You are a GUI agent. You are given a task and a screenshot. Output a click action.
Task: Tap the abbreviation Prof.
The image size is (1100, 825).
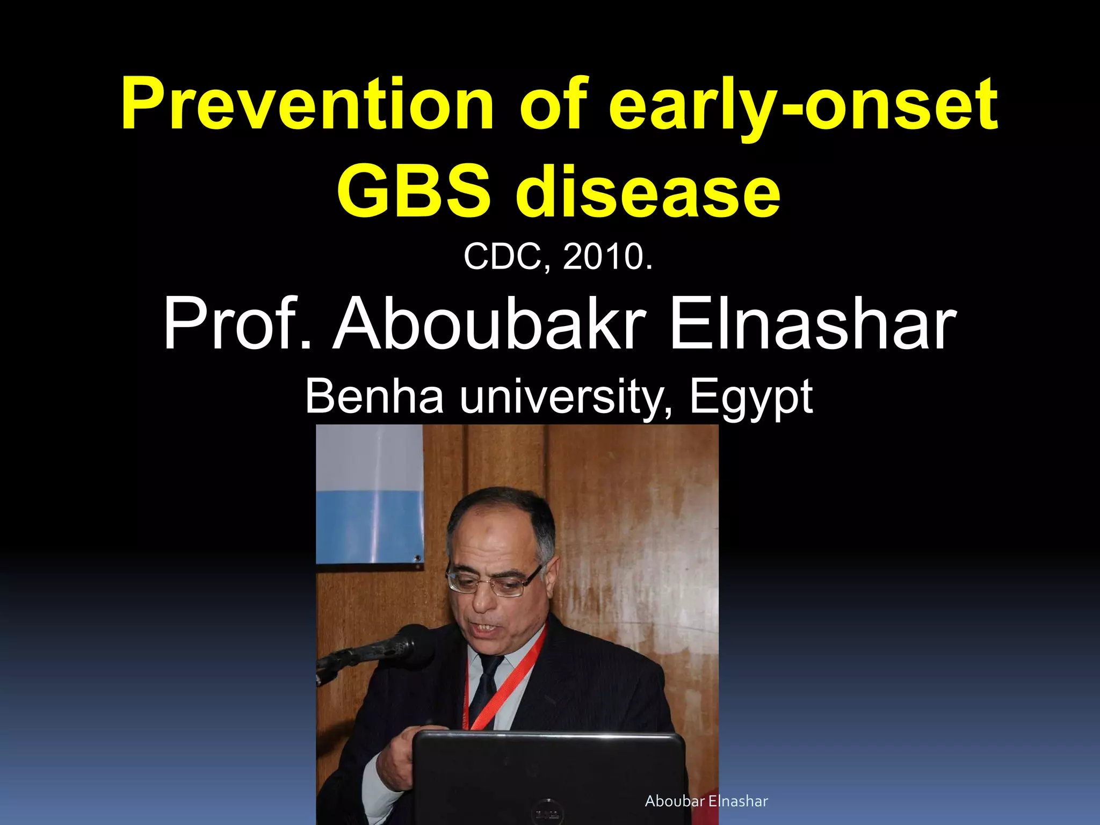pyautogui.click(x=237, y=324)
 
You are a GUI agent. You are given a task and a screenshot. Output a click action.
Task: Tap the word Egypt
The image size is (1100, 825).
pyautogui.click(x=751, y=397)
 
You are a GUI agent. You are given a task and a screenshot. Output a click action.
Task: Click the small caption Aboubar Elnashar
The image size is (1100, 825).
pyautogui.click(x=706, y=801)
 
